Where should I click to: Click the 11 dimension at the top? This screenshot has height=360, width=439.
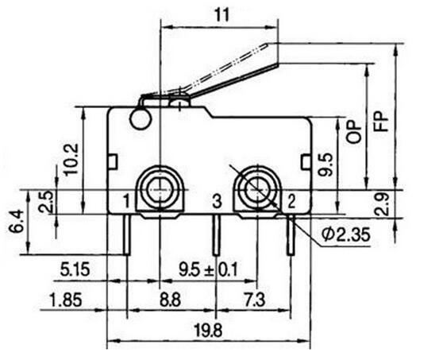pyautogui.click(x=221, y=14)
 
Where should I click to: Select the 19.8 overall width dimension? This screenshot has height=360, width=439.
pyautogui.click(x=209, y=331)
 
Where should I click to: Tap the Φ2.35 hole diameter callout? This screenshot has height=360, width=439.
pyautogui.click(x=346, y=234)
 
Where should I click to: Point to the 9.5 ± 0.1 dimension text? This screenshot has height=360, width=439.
pyautogui.click(x=208, y=269)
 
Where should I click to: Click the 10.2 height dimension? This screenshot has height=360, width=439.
pyautogui.click(x=71, y=160)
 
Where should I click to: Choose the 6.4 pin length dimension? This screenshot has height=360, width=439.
pyautogui.click(x=16, y=223)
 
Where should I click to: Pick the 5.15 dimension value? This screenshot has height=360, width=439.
pyautogui.click(x=75, y=269)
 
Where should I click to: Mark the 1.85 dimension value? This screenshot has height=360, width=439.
pyautogui.click(x=66, y=300)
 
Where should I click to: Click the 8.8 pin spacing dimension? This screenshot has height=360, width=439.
pyautogui.click(x=170, y=300)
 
